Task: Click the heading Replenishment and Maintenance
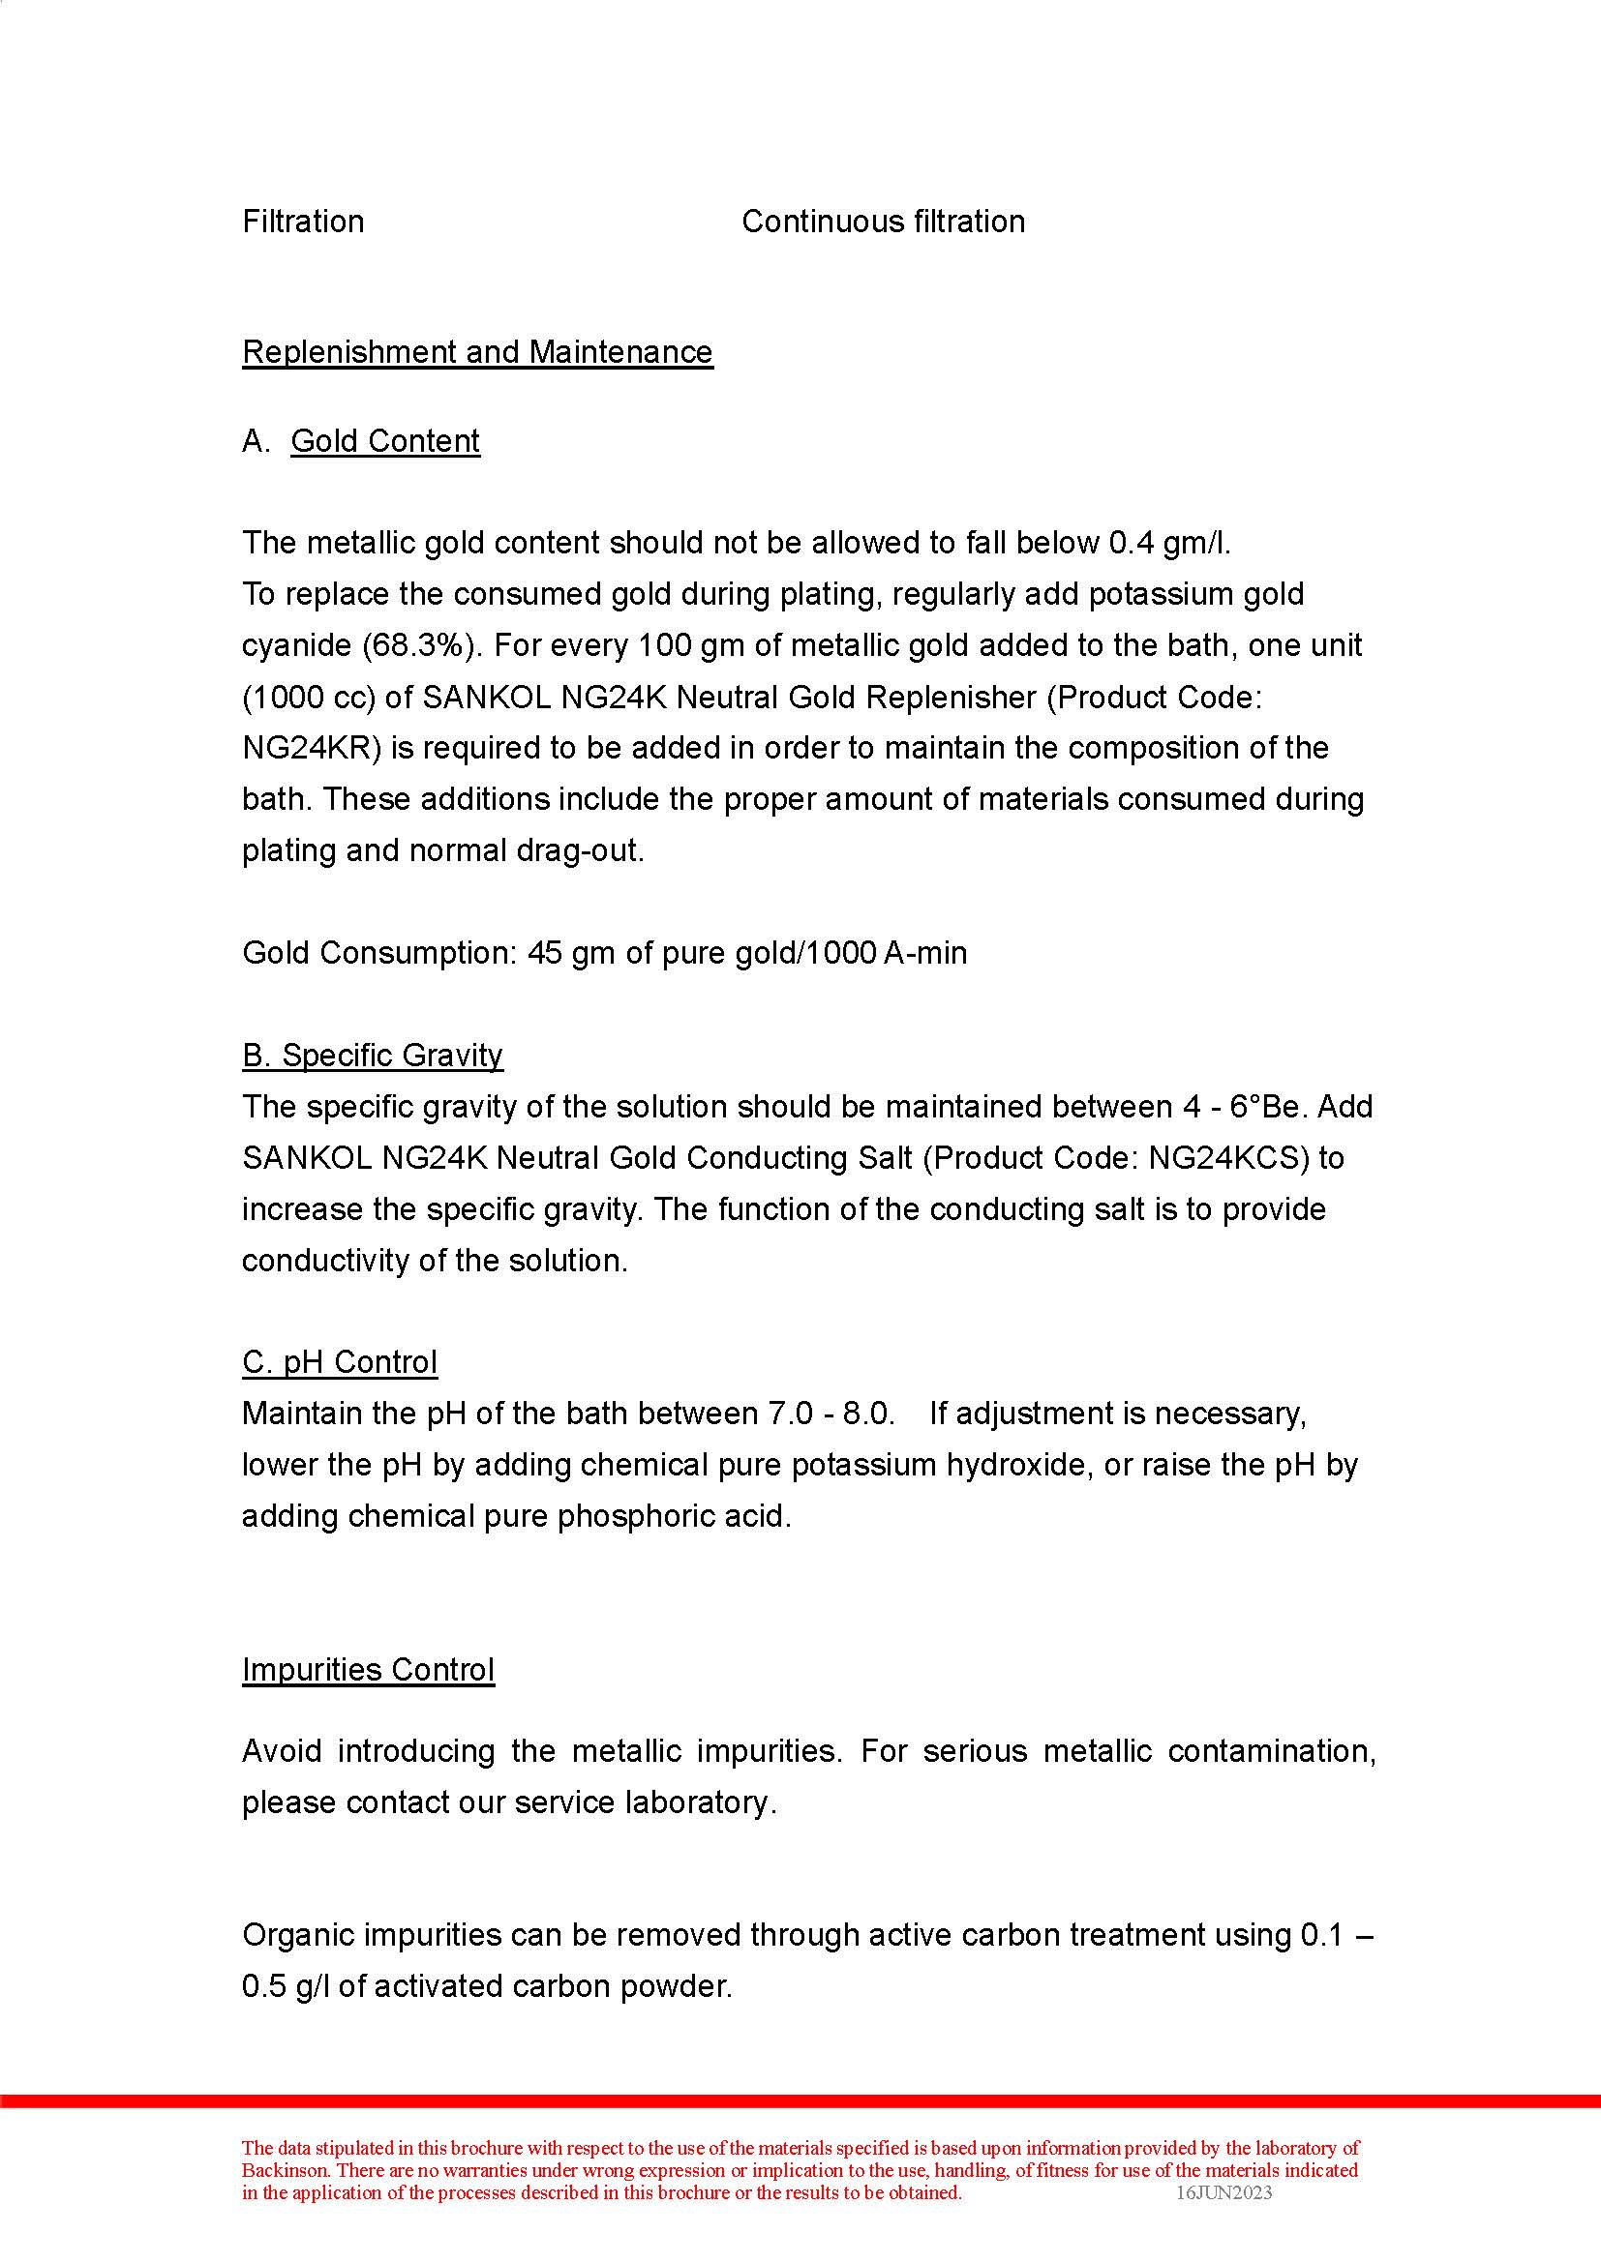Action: (477, 352)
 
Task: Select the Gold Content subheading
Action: (385, 440)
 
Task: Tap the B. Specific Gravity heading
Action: (373, 1056)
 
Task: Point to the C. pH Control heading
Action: (340, 1362)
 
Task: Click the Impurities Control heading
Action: (369, 1670)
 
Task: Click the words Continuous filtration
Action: (884, 222)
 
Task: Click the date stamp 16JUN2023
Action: (1223, 2193)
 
